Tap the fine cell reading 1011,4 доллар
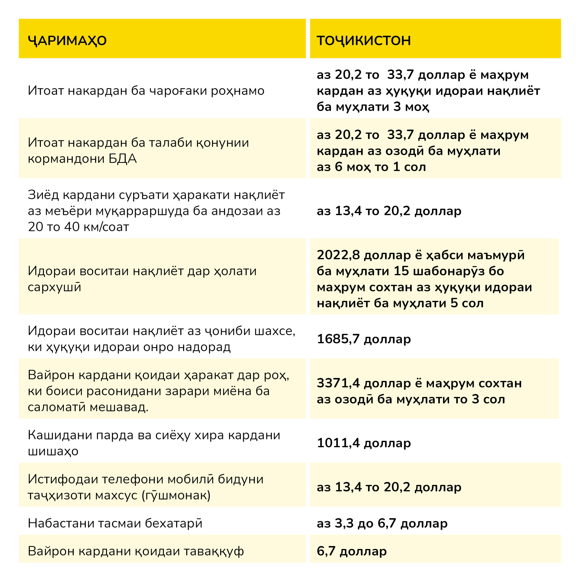pyautogui.click(x=364, y=443)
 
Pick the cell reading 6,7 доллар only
pyautogui.click(x=352, y=551)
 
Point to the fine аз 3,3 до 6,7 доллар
pyautogui.click(x=382, y=523)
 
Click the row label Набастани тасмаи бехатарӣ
pyautogui.click(x=115, y=523)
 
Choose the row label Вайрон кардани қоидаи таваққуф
pyautogui.click(x=136, y=551)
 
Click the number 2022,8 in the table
pyautogui.click(x=338, y=255)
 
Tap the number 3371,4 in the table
pyautogui.click(x=338, y=383)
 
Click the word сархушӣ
pyautogui.click(x=54, y=287)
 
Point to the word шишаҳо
pyautogui.click(x=53, y=451)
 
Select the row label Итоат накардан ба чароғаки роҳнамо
pyautogui.click(x=146, y=91)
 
